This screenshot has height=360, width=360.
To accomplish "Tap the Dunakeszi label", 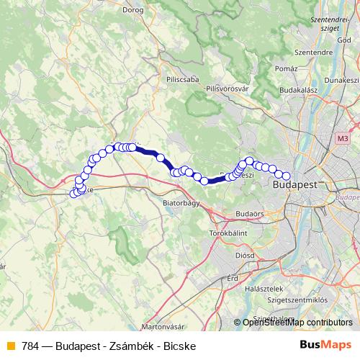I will coord(341,81).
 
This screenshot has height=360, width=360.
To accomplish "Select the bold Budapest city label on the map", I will coord(296,185).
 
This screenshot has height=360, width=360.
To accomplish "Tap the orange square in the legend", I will coord(10,346).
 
